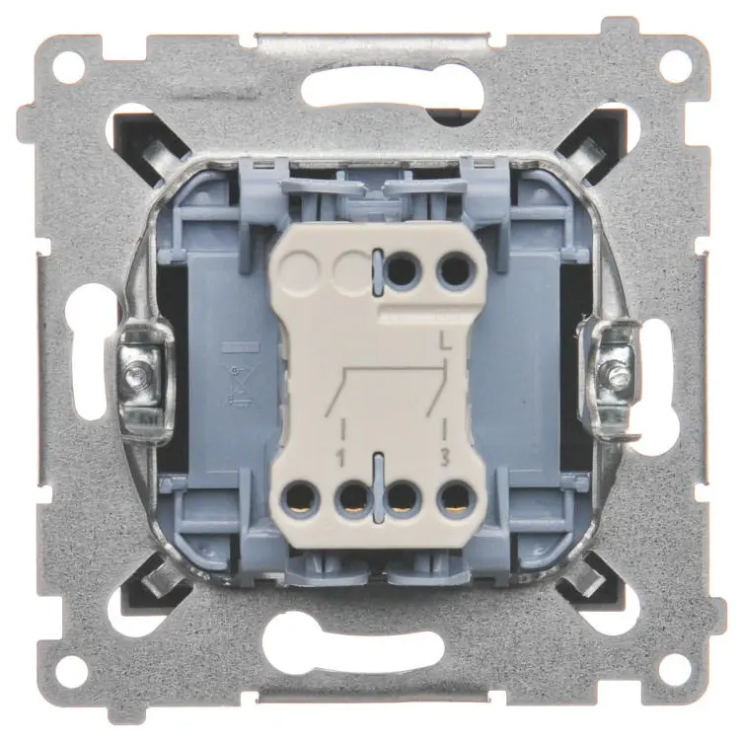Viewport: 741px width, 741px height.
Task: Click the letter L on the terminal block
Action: [x=445, y=341]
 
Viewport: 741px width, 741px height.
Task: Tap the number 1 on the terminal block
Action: [x=339, y=459]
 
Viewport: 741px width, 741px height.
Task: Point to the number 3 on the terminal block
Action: [x=444, y=459]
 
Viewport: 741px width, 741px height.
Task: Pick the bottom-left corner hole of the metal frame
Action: [x=70, y=667]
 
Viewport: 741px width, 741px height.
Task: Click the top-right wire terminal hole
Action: [x=455, y=270]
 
